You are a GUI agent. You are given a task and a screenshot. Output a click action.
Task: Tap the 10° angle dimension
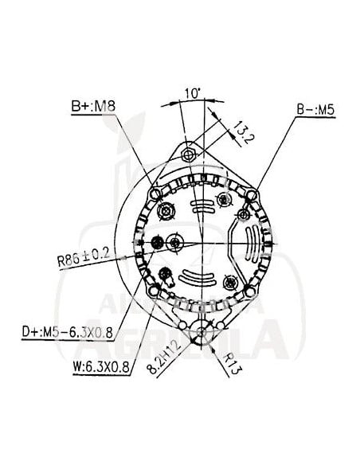pyautogui.click(x=190, y=93)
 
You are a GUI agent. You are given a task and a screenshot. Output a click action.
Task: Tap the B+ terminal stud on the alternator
pyautogui.click(x=166, y=211)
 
